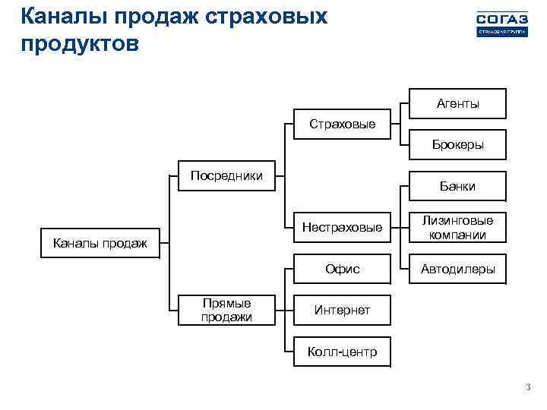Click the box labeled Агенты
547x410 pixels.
(x=457, y=104)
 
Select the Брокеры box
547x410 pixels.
(x=457, y=144)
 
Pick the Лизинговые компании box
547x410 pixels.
(x=457, y=228)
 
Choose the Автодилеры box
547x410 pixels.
(x=457, y=269)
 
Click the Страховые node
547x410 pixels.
(x=342, y=124)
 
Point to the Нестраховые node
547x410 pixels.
(x=342, y=227)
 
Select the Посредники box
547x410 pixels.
(x=226, y=176)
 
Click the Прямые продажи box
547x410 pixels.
(x=226, y=311)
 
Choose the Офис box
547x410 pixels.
(x=342, y=269)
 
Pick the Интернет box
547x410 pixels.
(x=342, y=311)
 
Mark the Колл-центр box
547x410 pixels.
(x=342, y=352)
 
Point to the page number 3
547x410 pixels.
(x=527, y=389)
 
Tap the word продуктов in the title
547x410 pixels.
(x=80, y=43)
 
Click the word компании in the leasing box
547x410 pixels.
(x=457, y=235)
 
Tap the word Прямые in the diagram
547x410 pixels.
(x=226, y=304)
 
